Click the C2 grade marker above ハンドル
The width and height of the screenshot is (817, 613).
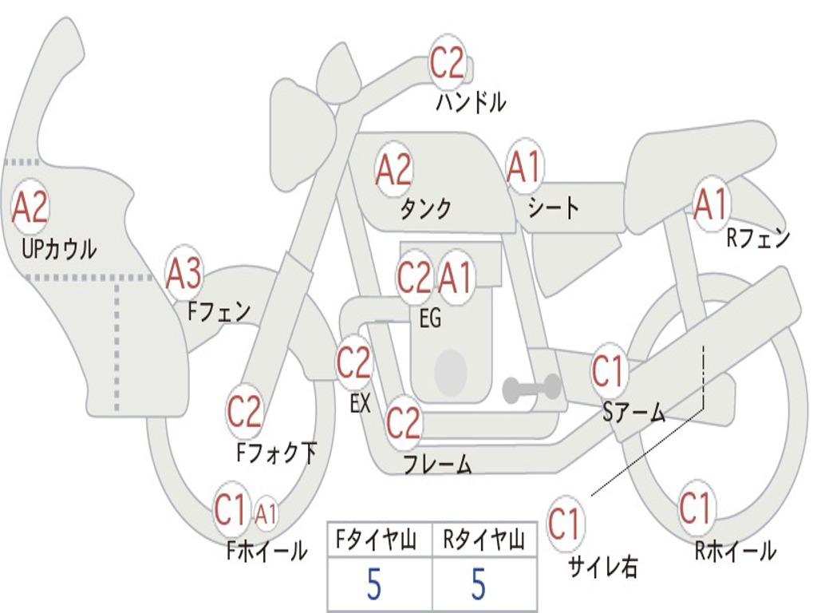(448, 62)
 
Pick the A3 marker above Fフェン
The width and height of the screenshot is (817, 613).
(184, 274)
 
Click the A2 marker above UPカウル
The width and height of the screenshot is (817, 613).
(30, 207)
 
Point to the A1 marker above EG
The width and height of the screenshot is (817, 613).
(456, 278)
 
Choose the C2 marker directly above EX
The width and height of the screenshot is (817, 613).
(353, 363)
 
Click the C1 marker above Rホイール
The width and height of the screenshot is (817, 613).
(695, 508)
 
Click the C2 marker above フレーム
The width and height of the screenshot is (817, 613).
(403, 422)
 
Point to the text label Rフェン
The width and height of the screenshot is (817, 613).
(757, 238)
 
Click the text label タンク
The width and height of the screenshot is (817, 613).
(426, 209)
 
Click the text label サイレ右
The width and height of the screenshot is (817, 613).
(602, 567)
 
